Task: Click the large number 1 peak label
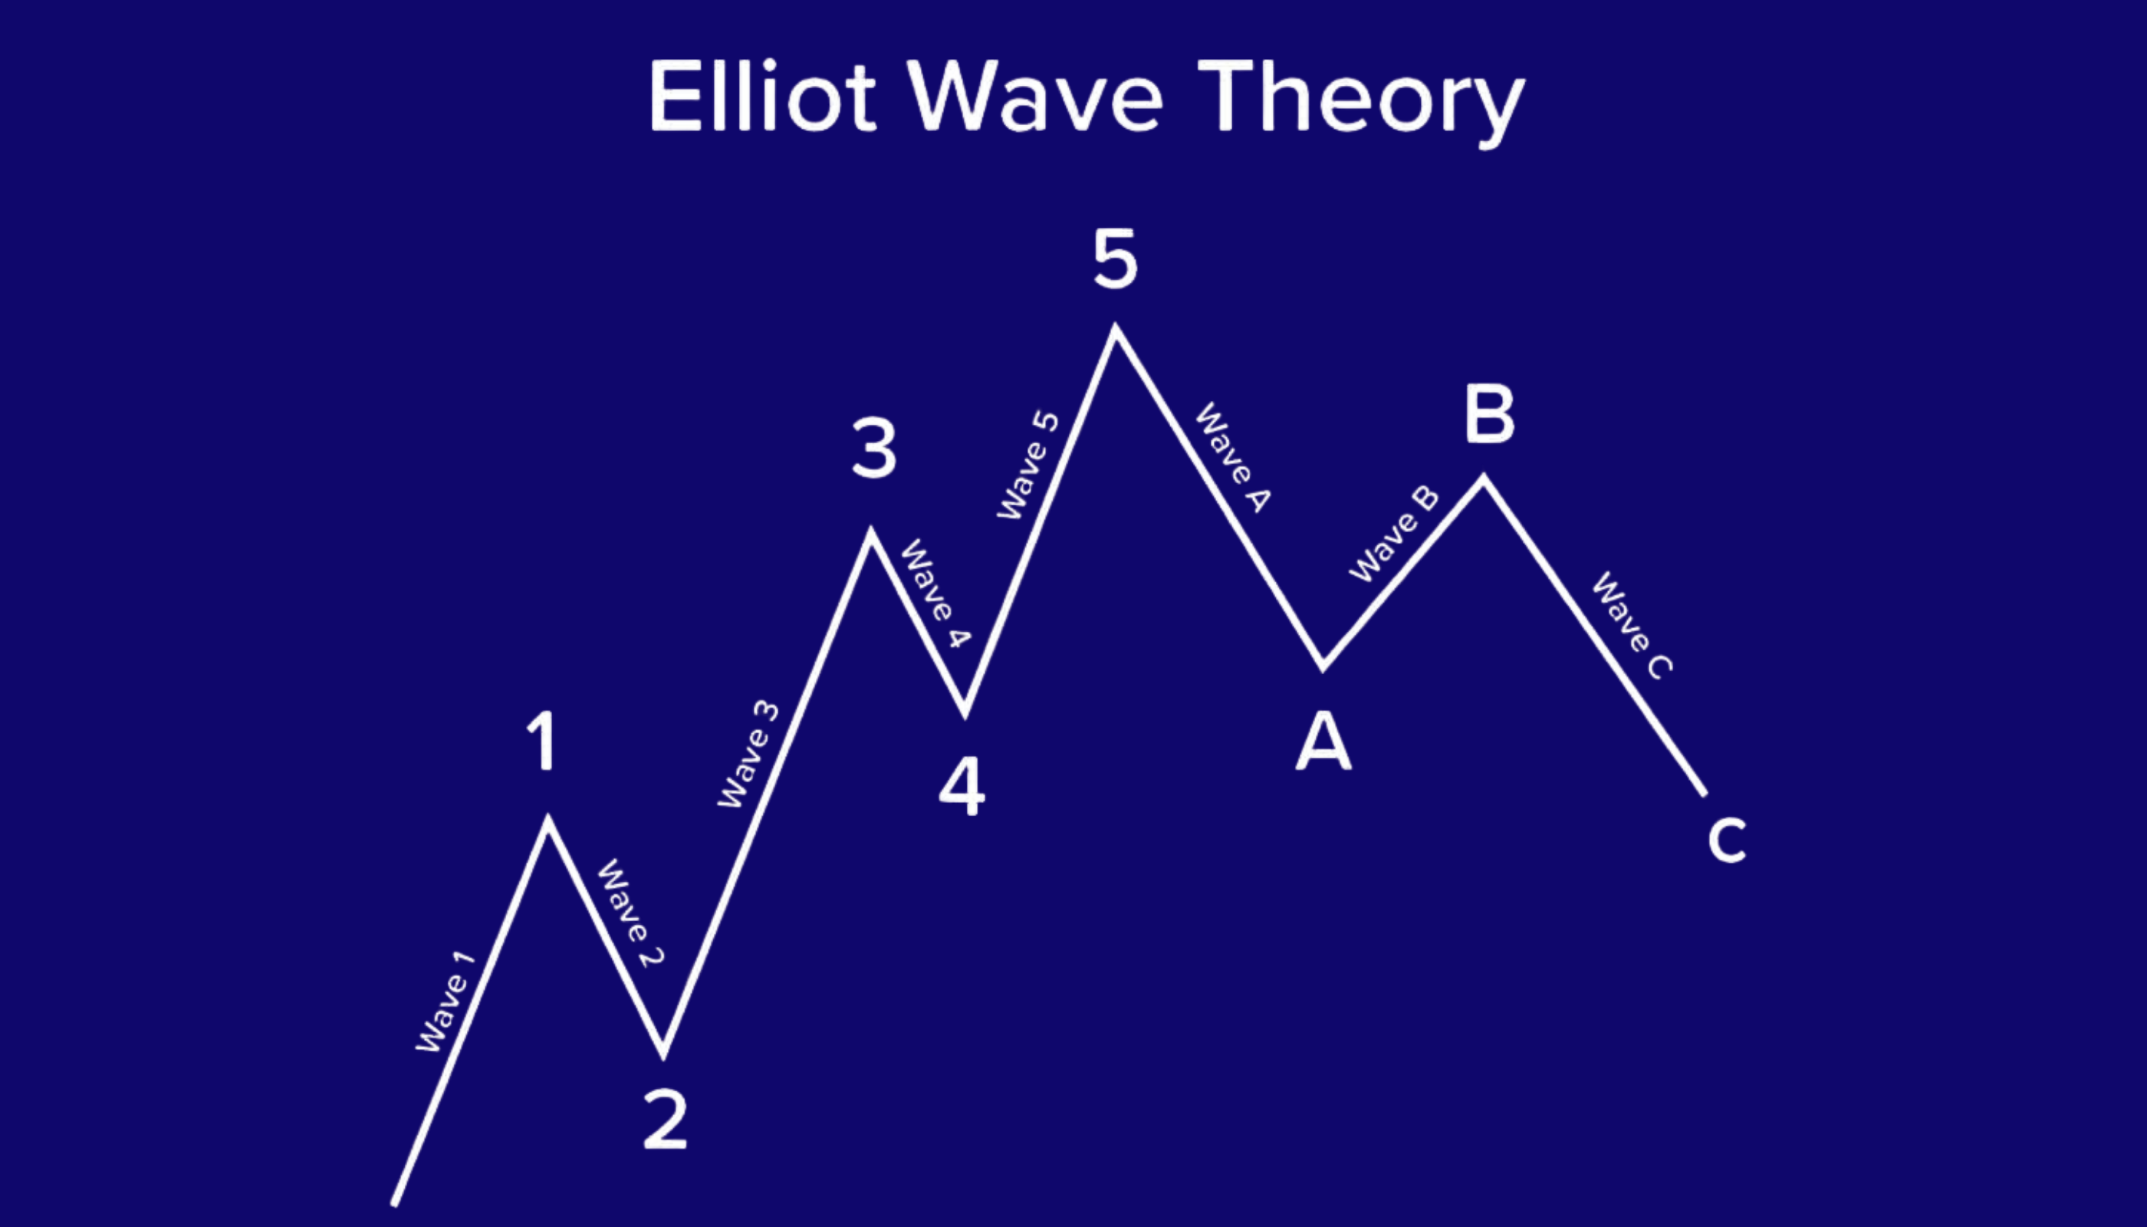pos(543,741)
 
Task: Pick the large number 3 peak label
pos(874,449)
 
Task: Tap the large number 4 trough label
pos(962,786)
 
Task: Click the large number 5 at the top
pos(1115,258)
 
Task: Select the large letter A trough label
pos(1323,741)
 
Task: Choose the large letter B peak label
pos(1489,414)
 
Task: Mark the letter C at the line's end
pos(1727,840)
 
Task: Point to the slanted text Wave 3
pos(749,755)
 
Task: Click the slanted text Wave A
pos(1233,458)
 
